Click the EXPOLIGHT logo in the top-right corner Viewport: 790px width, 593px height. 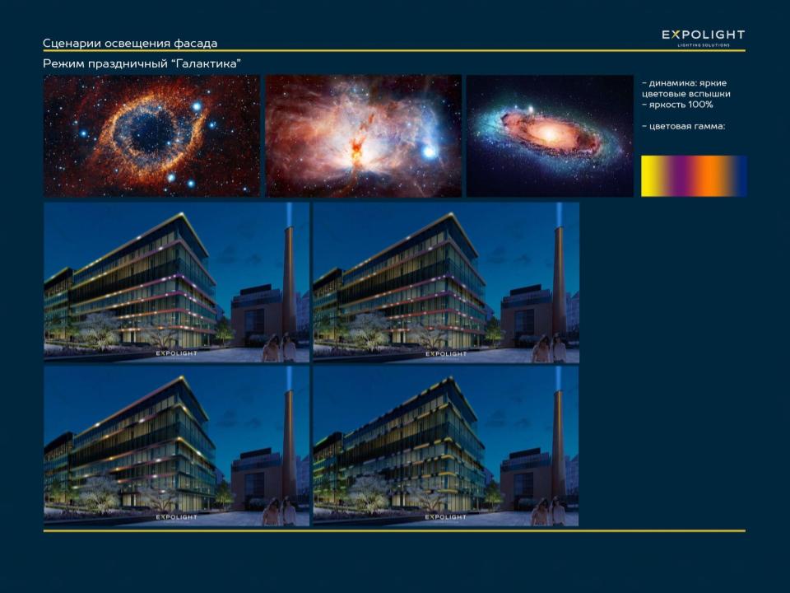click(x=704, y=37)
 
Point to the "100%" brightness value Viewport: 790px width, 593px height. click(x=701, y=105)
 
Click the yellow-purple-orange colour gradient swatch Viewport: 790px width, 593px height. click(x=694, y=175)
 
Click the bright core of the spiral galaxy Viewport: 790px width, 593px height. click(x=548, y=133)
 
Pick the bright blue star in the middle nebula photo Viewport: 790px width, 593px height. click(x=429, y=152)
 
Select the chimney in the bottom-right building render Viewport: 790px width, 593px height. click(x=557, y=448)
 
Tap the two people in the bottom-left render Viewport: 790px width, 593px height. click(x=280, y=511)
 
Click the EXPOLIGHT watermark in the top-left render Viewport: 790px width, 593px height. click(x=176, y=353)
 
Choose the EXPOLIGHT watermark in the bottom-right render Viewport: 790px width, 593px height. click(x=445, y=517)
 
